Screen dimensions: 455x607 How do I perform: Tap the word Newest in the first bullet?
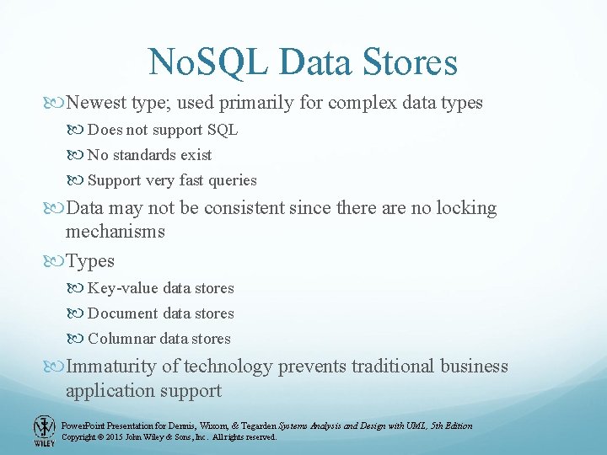97,103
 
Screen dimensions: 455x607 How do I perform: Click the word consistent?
243,207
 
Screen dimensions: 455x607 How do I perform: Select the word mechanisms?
115,232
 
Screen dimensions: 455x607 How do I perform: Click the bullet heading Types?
90,261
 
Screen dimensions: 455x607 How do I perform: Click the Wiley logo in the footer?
44,430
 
